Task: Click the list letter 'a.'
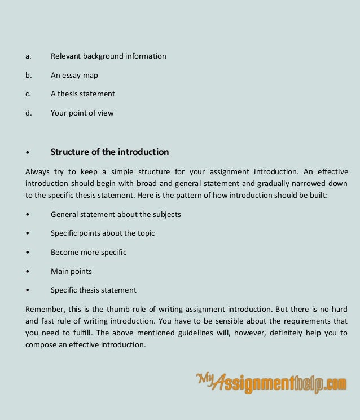(x=28, y=56)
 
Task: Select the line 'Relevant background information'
(x=108, y=56)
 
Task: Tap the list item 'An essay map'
(x=74, y=75)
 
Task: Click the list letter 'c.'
(x=28, y=94)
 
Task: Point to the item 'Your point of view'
(x=82, y=113)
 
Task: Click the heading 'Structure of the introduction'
(x=109, y=152)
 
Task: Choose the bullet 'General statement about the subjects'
(x=116, y=215)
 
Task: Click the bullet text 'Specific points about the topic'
(x=103, y=233)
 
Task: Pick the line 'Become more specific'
(x=89, y=252)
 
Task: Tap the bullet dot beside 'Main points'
(x=27, y=272)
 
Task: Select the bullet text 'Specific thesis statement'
(x=94, y=290)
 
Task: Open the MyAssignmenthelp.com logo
(x=271, y=383)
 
